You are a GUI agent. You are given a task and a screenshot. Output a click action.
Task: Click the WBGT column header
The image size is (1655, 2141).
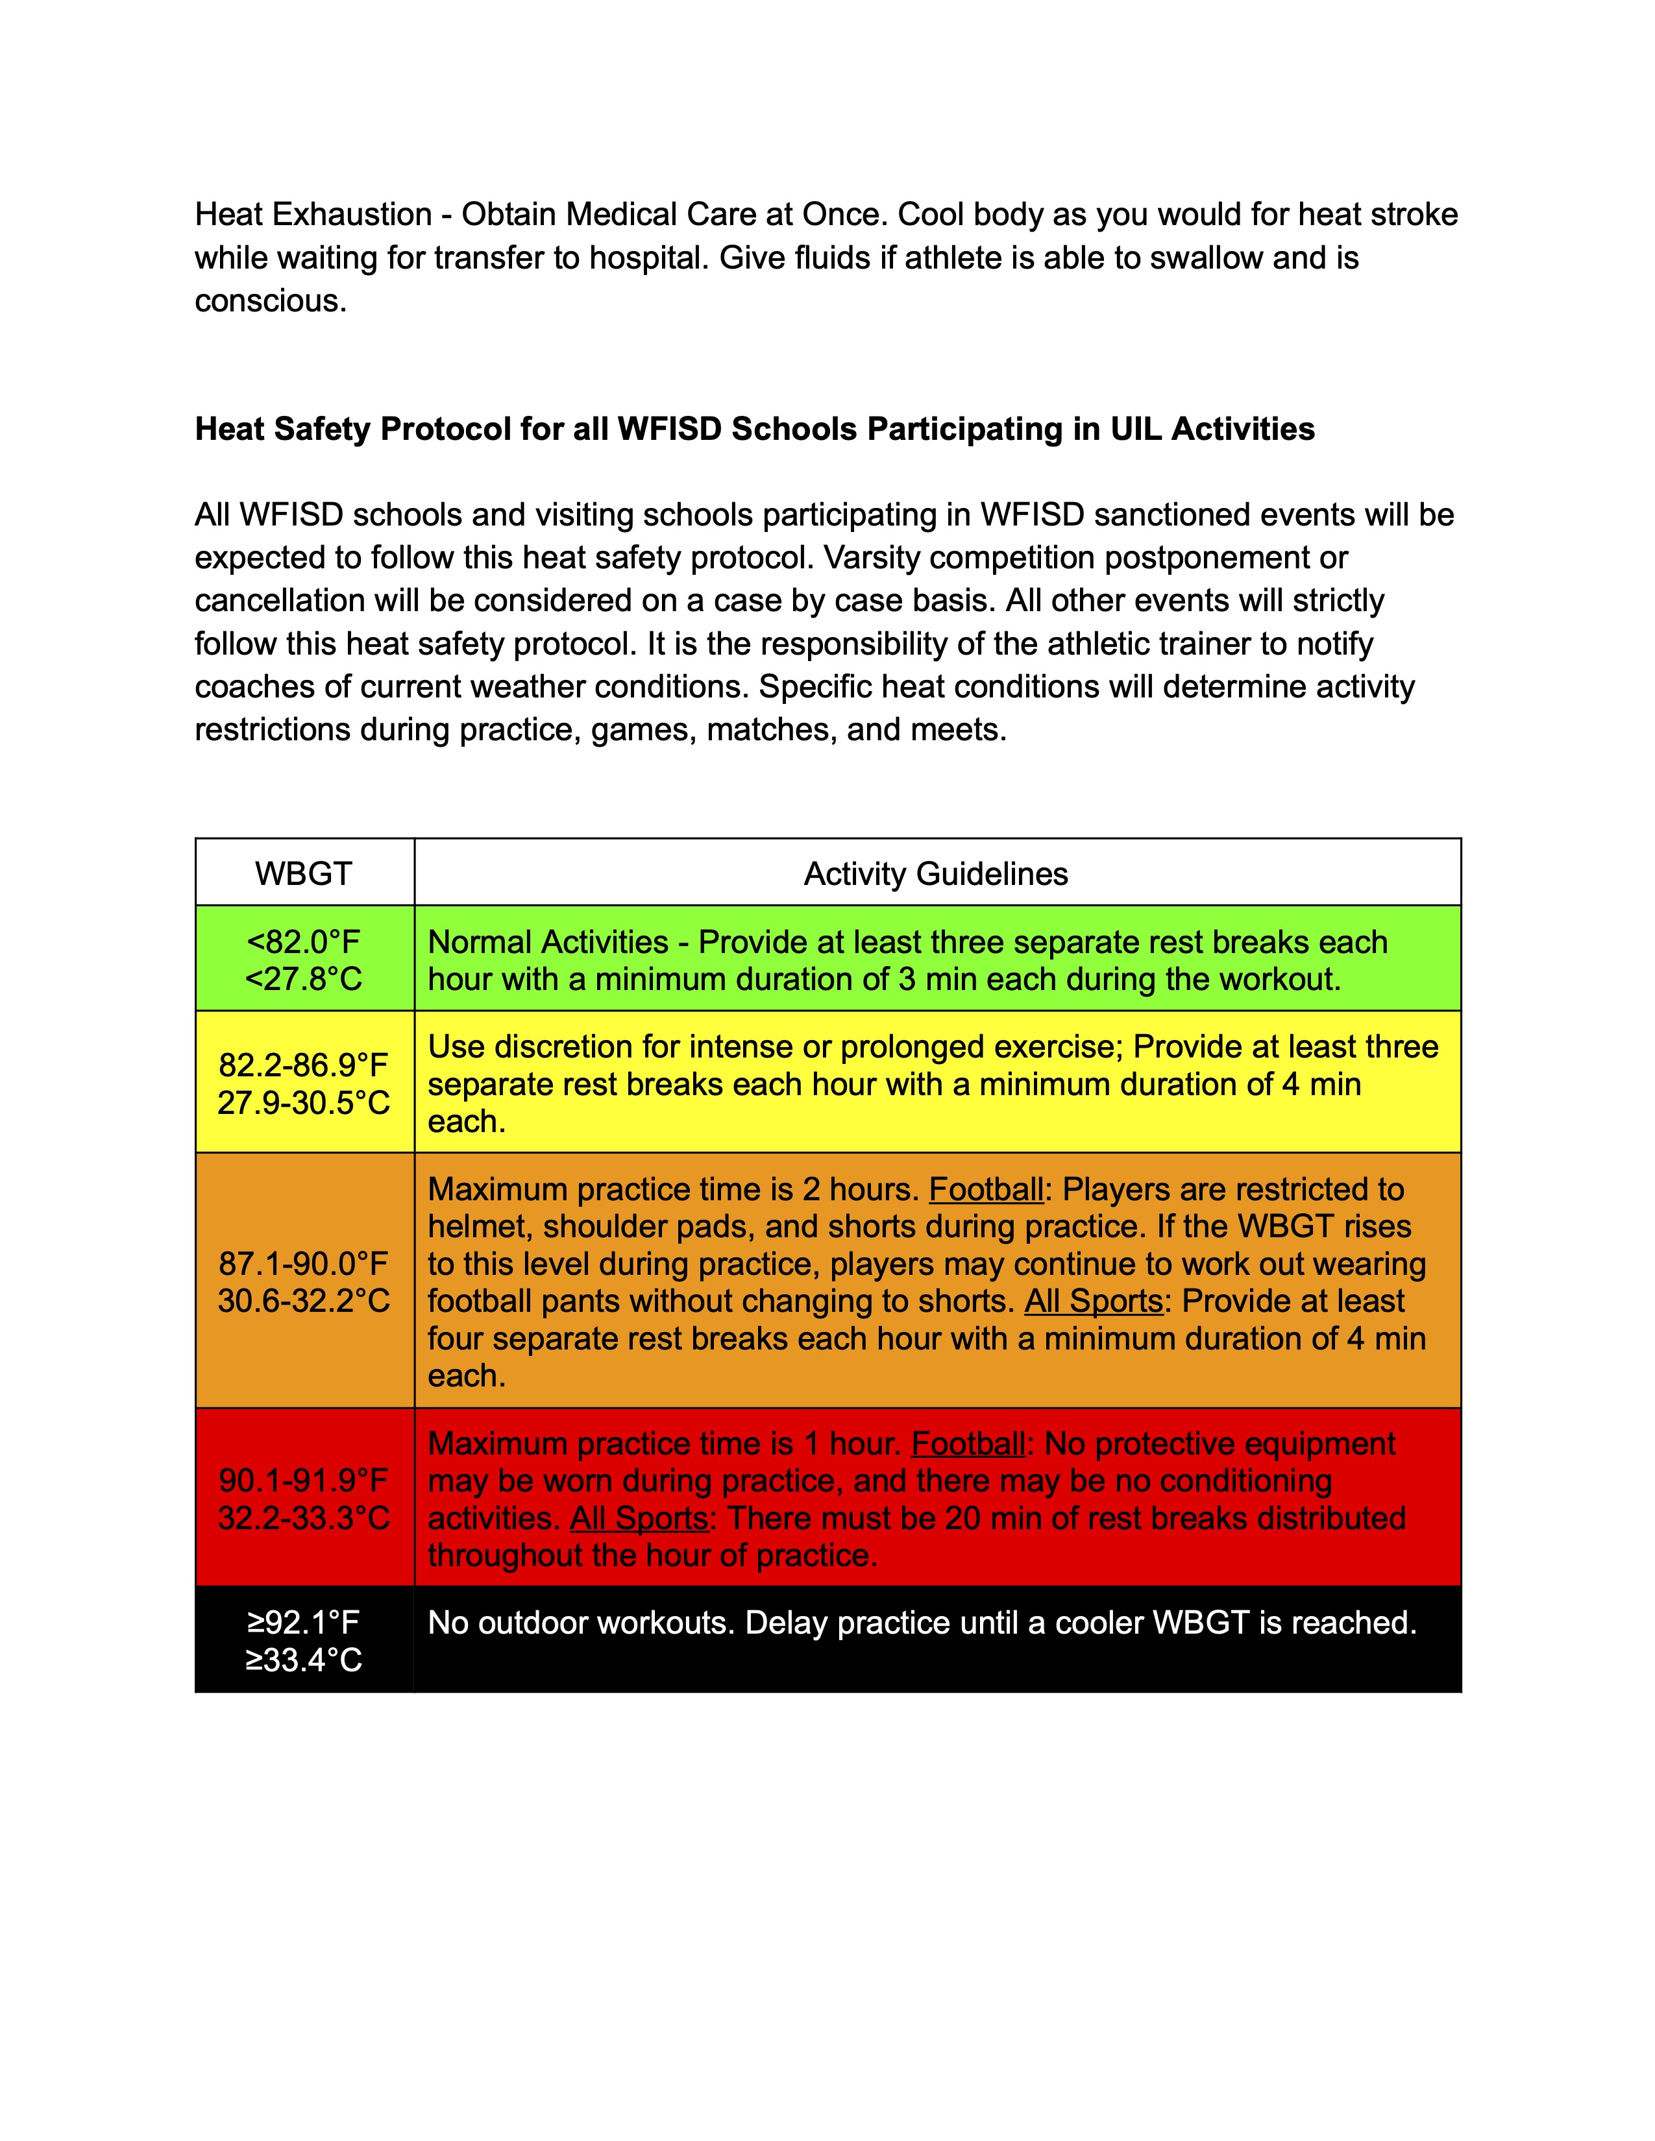[x=303, y=873]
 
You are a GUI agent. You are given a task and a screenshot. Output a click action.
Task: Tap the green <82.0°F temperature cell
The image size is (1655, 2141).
[x=303, y=960]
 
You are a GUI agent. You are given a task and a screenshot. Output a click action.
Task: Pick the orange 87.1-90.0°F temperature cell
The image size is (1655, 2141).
[x=303, y=1281]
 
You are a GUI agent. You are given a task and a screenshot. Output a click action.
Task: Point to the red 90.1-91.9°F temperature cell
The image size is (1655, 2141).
[x=303, y=1499]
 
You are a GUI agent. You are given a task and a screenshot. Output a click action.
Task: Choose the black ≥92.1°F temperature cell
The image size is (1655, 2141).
[x=303, y=1641]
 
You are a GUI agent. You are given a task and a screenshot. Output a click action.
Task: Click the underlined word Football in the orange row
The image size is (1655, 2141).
[x=985, y=1189]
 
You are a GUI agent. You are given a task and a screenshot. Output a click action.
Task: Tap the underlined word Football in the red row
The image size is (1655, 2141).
[x=968, y=1444]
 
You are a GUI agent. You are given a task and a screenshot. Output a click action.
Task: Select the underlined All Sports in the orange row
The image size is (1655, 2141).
[x=1093, y=1301]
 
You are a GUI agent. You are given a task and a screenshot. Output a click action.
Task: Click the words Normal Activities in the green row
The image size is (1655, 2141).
[x=548, y=942]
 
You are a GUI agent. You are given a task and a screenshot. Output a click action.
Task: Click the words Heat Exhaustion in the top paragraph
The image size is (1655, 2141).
[x=313, y=215]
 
